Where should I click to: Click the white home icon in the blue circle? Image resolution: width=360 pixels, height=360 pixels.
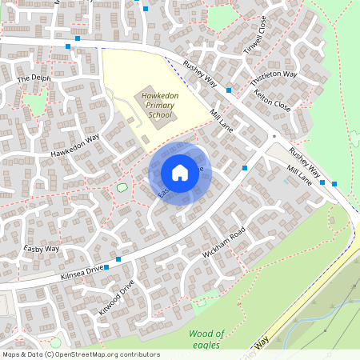click(x=180, y=173)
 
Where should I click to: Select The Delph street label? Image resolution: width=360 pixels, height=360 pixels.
click(x=34, y=78)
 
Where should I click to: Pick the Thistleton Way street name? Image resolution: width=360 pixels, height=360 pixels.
click(x=274, y=78)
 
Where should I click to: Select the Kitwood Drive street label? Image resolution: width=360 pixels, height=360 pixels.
click(x=115, y=296)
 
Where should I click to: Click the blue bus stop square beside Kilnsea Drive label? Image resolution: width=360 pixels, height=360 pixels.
click(x=118, y=259)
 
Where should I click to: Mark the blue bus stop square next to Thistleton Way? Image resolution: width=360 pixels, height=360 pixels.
click(x=230, y=90)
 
